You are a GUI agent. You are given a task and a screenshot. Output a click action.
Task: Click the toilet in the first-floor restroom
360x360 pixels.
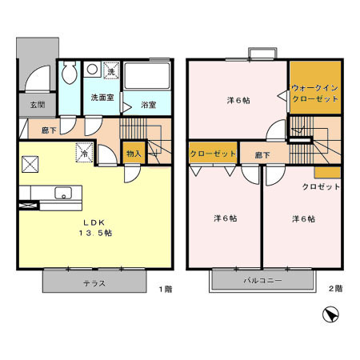click(69, 73)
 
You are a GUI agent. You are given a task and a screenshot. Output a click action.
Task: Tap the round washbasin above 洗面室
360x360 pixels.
click(92, 69)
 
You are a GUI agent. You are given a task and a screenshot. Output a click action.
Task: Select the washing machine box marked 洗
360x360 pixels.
click(111, 70)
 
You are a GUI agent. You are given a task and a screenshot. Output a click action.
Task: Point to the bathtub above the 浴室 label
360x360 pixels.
click(146, 76)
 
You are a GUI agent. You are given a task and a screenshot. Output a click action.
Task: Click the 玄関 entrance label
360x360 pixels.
click(38, 105)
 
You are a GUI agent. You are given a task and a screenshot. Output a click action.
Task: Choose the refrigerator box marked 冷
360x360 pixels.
click(85, 153)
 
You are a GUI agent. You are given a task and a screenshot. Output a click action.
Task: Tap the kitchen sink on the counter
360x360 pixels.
click(63, 193)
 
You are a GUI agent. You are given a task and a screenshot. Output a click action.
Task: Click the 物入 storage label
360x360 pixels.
click(134, 154)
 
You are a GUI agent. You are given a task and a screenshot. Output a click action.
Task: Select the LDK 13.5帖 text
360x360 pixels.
click(95, 227)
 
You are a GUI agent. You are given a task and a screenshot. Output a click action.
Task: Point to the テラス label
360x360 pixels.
click(94, 283)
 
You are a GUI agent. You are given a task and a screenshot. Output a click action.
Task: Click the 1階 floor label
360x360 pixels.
click(166, 289)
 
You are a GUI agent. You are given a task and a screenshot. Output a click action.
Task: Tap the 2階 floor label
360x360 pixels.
click(335, 288)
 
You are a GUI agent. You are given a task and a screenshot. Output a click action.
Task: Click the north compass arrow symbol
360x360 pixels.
click(330, 315)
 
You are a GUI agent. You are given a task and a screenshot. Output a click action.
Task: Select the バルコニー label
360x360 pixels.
click(262, 280)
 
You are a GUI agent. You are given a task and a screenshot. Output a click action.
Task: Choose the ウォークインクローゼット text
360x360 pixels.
click(315, 94)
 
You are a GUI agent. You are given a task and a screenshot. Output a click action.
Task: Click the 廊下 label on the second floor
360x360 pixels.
click(262, 155)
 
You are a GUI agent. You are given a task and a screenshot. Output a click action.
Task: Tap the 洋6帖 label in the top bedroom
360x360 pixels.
click(238, 101)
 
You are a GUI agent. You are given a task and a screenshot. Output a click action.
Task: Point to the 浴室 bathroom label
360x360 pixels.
click(149, 105)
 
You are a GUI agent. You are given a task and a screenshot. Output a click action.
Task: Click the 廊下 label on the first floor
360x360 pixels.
click(49, 130)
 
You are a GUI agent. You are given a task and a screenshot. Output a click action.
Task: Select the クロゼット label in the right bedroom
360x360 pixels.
click(321, 186)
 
